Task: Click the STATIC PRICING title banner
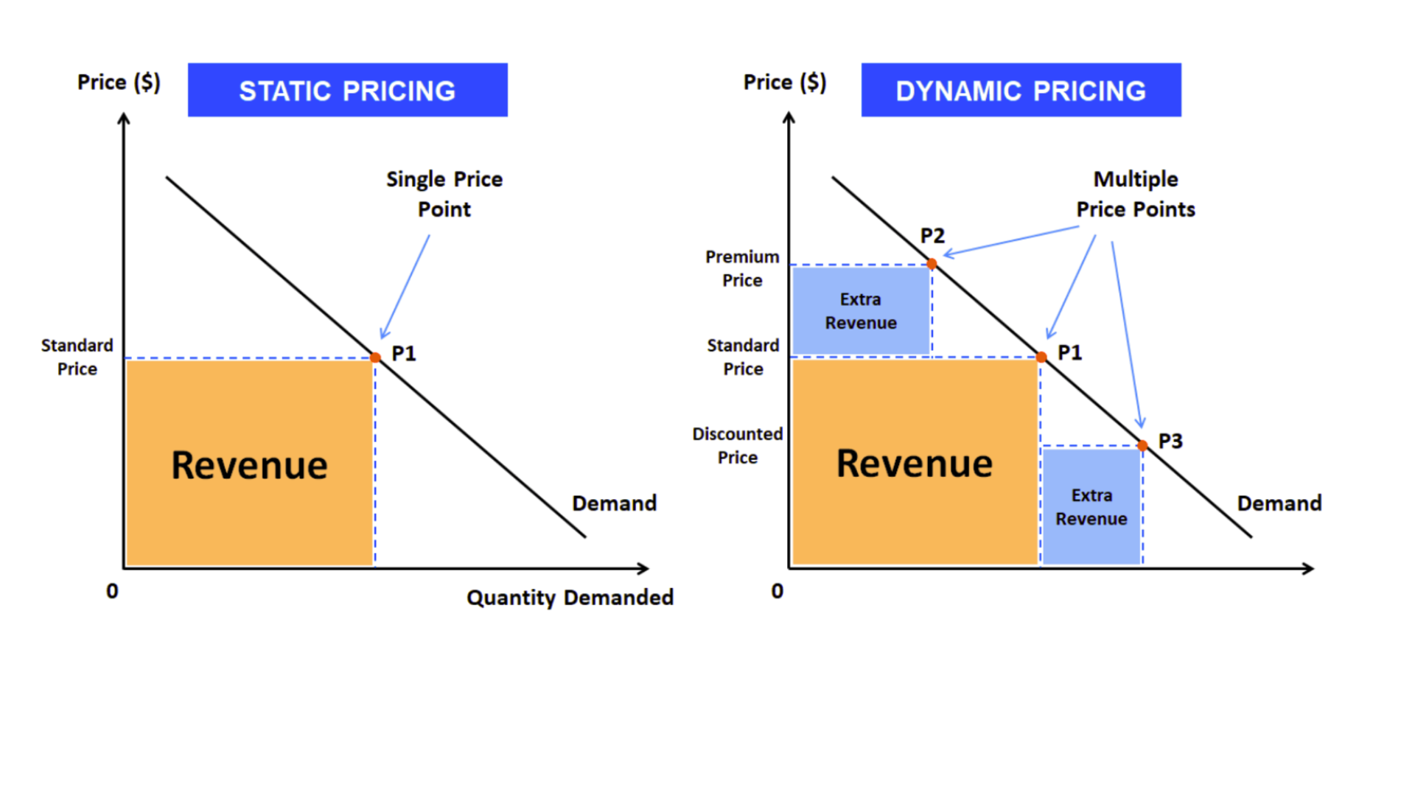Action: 347,90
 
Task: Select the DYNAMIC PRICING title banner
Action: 1021,90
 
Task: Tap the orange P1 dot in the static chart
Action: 375,357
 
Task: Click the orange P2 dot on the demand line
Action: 932,264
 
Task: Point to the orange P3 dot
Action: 1142,445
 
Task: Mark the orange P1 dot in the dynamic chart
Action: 1041,357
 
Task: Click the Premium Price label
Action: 742,268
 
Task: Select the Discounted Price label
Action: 737,445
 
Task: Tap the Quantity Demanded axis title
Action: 570,597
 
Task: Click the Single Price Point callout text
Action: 444,194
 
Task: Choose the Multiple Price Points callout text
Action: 1136,194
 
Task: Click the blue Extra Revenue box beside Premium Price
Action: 861,311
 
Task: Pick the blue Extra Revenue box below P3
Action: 1091,506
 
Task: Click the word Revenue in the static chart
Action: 249,465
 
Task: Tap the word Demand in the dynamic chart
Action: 1279,503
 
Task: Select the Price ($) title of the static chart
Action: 119,82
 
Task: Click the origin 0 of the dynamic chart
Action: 778,591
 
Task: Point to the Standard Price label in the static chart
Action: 77,357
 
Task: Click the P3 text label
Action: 1170,441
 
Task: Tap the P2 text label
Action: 932,236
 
